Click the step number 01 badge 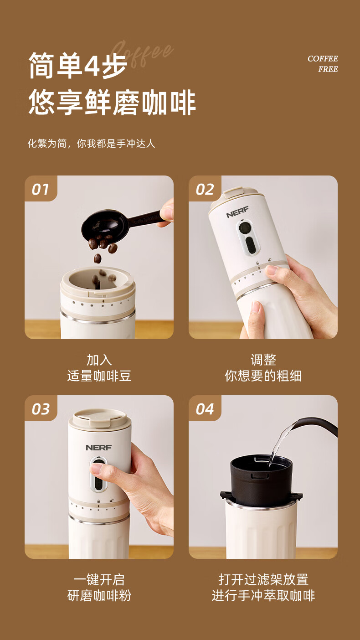[41, 189]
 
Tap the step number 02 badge [205, 189]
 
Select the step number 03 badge [41, 408]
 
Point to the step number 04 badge [205, 408]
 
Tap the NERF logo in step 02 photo [237, 212]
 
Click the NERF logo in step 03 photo [98, 448]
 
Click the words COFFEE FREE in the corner [323, 64]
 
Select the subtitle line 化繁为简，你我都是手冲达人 [91, 144]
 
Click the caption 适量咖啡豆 [99, 376]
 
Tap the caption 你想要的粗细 [263, 376]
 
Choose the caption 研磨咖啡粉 [99, 596]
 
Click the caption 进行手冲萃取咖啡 [263, 596]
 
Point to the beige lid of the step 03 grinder [99, 418]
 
